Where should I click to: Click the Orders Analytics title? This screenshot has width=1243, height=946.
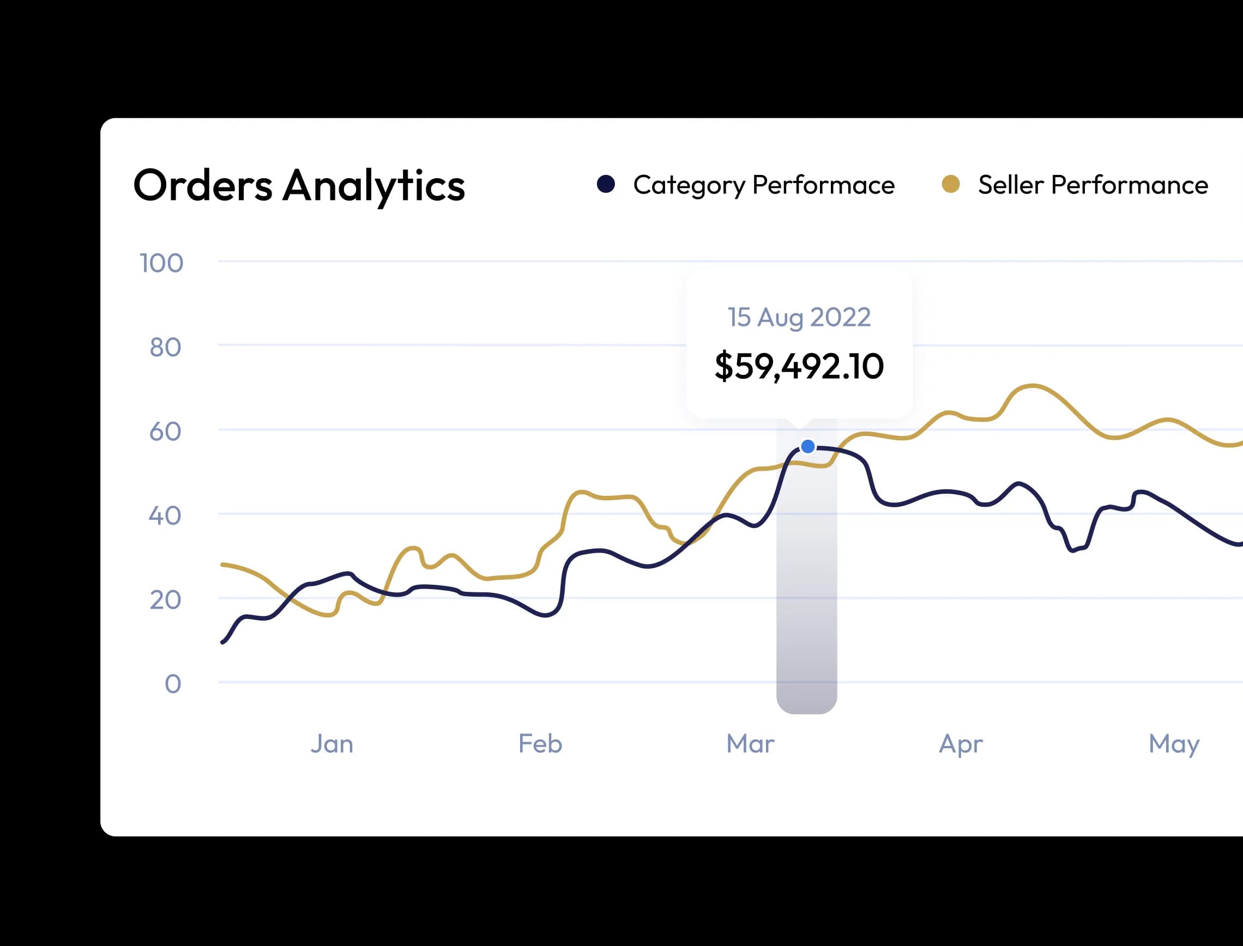(x=299, y=185)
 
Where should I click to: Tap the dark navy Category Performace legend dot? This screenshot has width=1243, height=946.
(x=606, y=184)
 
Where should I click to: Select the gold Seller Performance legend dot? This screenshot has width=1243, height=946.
(x=951, y=184)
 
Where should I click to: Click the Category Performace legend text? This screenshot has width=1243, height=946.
(x=763, y=185)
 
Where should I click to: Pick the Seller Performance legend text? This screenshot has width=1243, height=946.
(x=1093, y=185)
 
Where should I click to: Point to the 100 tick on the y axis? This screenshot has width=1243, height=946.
(x=161, y=263)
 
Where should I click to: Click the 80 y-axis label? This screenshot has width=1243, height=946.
(x=165, y=348)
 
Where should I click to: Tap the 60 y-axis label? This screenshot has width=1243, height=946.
(x=165, y=432)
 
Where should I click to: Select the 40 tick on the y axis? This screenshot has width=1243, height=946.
(x=165, y=516)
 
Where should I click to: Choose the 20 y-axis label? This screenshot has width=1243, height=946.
(x=165, y=601)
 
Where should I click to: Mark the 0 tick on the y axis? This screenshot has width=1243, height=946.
(x=172, y=684)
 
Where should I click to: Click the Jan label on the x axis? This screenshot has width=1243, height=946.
(x=331, y=744)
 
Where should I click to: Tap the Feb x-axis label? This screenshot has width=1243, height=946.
(x=540, y=744)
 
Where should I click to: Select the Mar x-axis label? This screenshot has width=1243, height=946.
(x=750, y=744)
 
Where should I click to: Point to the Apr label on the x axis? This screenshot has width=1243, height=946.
(x=961, y=744)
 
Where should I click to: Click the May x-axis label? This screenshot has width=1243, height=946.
(x=1174, y=744)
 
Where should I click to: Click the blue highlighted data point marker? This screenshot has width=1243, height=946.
(x=807, y=446)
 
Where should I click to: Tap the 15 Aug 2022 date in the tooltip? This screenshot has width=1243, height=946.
(x=799, y=317)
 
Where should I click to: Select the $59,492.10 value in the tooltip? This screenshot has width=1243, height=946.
(x=799, y=366)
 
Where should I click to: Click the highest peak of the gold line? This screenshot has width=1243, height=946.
(x=1032, y=386)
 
